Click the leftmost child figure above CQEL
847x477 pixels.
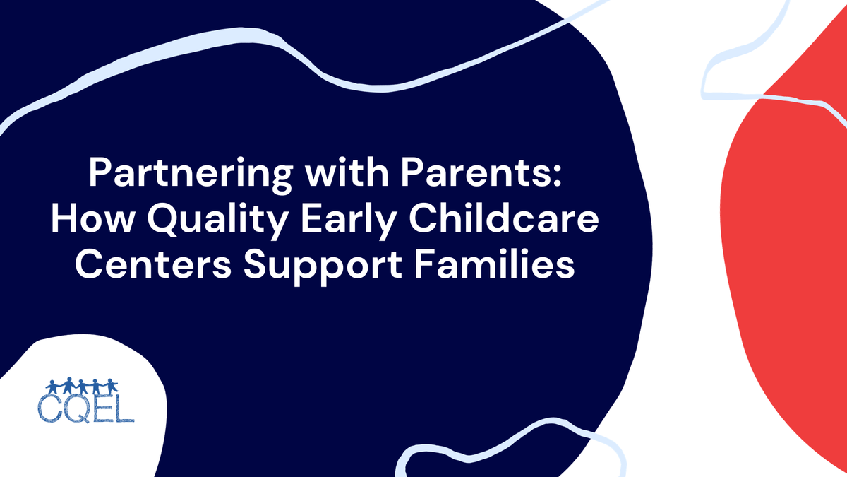click(x=52, y=387)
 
